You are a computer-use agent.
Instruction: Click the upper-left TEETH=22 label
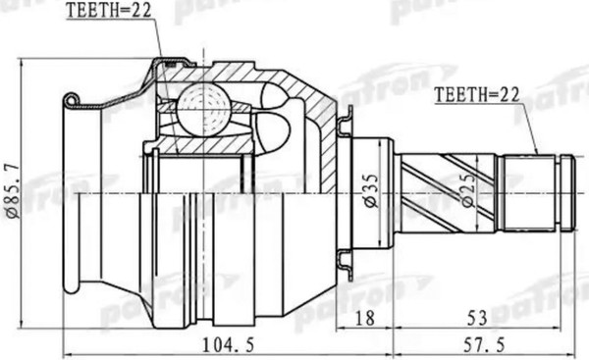click(x=109, y=10)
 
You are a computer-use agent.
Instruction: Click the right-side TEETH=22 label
click(x=477, y=94)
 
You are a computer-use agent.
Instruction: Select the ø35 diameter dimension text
click(x=371, y=190)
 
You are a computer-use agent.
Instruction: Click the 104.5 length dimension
click(x=229, y=344)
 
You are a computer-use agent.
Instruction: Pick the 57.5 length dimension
click(x=484, y=344)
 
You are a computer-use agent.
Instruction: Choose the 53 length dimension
click(x=477, y=319)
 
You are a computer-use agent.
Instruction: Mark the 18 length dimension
click(x=364, y=319)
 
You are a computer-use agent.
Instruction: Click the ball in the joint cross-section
click(x=203, y=110)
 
